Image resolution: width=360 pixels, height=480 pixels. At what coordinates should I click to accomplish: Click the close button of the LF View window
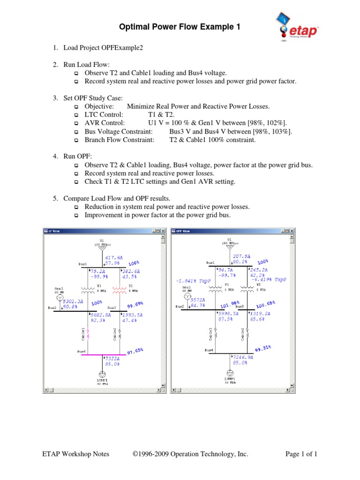pos(164,231)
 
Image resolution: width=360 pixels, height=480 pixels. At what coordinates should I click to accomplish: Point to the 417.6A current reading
pos(113,258)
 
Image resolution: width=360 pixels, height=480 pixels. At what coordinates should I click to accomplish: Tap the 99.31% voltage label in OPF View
pos(263,349)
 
